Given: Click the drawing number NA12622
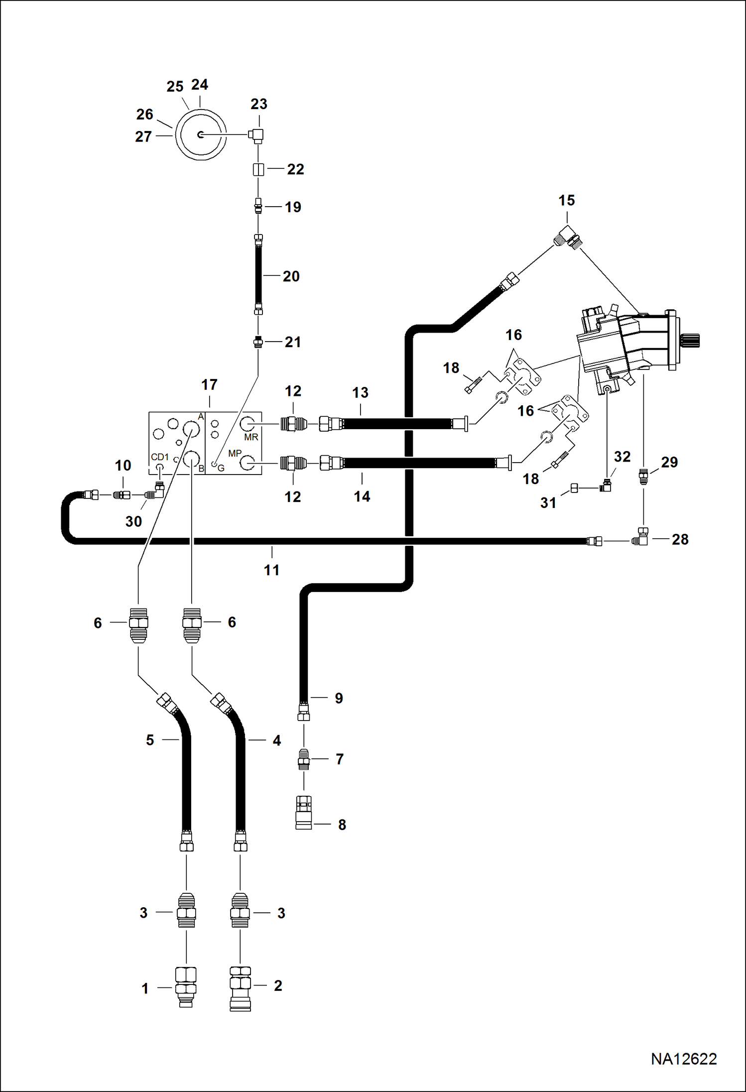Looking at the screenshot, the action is click(x=684, y=1059).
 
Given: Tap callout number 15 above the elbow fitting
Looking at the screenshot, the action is click(x=567, y=200).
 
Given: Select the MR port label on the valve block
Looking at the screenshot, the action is click(x=251, y=437).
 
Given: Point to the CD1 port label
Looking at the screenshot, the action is click(x=160, y=457).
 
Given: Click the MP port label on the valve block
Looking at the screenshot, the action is click(x=235, y=454).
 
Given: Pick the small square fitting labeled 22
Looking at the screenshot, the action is click(x=258, y=169).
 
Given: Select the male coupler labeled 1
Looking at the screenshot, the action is click(x=186, y=987).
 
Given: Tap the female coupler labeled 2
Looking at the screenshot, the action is click(x=240, y=988).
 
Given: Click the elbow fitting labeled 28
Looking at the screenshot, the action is click(x=640, y=537).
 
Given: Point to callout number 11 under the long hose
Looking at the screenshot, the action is click(x=271, y=570).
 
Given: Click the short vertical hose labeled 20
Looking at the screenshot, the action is click(x=258, y=274).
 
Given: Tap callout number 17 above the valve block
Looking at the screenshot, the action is click(x=209, y=384).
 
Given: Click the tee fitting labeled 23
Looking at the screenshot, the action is click(x=257, y=135).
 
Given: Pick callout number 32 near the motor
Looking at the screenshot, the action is click(x=622, y=457).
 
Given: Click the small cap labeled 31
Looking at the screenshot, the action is click(x=574, y=488).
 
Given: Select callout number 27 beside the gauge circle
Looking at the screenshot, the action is click(x=143, y=136).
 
